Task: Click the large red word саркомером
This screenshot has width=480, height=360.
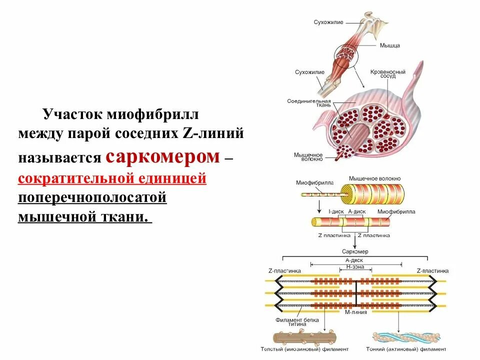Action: point(162,157)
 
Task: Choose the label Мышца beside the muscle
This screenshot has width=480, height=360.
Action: point(389,45)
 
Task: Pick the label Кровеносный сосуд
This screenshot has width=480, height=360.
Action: point(383,73)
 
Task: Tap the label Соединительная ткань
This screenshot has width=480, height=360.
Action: point(305,103)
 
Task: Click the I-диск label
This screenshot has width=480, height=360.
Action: point(336,211)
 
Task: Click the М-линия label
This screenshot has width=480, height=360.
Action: point(356,312)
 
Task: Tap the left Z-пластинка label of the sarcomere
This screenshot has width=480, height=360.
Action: point(284,270)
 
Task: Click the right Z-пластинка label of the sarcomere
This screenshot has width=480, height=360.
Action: point(432,270)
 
